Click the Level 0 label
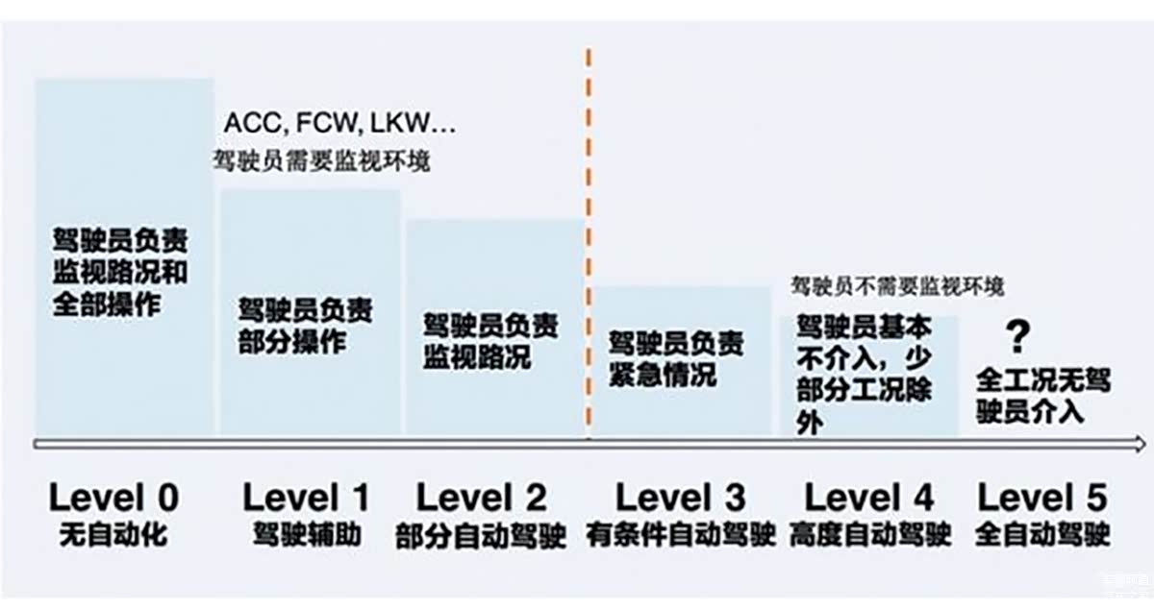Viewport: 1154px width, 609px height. pos(113,498)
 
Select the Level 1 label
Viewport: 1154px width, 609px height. pos(306,498)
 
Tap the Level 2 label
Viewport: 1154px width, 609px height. pos(481,498)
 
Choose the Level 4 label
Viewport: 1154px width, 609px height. pos(868,498)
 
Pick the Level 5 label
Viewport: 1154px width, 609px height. pos(1042,498)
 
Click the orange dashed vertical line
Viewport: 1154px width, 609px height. pos(589,240)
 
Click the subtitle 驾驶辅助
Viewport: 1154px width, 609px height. pos(307,534)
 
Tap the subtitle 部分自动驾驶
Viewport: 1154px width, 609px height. pos(481,536)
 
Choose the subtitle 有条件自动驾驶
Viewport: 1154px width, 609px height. pos(681,535)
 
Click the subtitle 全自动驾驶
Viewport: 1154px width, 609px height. pos(1042,535)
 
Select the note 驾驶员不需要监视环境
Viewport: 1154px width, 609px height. pos(897,286)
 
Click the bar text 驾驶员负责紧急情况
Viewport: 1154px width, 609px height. pos(675,358)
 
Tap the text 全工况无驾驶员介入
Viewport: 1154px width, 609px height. pos(1042,395)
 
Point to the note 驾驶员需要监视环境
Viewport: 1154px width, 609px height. pos(321,161)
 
